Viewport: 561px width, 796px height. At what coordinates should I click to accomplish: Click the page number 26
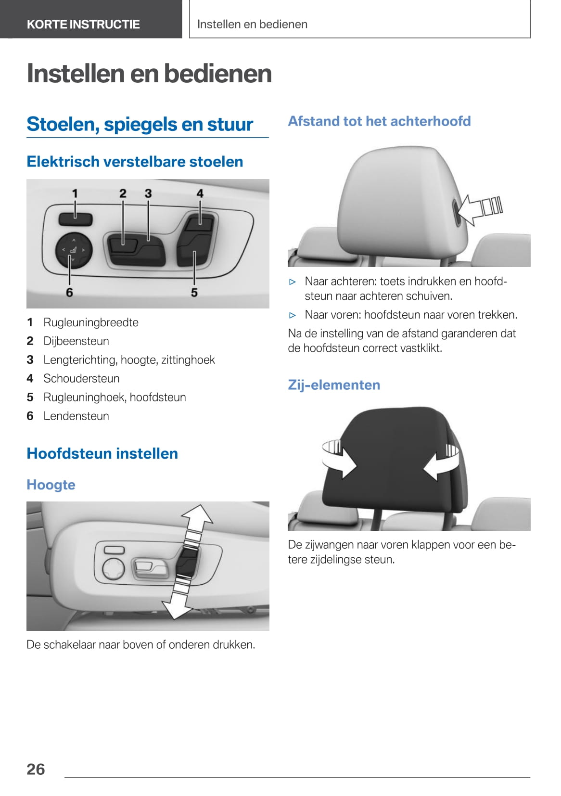[36, 769]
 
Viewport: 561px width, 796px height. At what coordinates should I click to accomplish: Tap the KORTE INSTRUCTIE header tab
[91, 19]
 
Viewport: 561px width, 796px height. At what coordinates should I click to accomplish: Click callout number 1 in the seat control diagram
[75, 193]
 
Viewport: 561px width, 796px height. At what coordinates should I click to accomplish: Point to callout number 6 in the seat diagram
[69, 293]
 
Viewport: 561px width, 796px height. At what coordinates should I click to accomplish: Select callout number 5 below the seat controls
[194, 293]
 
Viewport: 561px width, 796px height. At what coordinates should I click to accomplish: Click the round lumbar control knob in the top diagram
[74, 250]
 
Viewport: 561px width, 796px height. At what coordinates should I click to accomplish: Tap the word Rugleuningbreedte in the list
[91, 322]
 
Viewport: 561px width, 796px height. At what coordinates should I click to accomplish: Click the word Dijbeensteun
[76, 341]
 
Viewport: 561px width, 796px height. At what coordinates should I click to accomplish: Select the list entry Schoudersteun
[81, 378]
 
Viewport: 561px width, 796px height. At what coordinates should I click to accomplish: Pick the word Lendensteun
[76, 416]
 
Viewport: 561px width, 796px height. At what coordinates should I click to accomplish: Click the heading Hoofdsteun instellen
[102, 453]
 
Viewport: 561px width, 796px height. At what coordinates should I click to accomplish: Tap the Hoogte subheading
[51, 485]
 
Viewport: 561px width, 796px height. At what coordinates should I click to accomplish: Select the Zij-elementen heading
[334, 385]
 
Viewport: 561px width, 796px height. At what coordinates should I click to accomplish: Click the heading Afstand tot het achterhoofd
[380, 121]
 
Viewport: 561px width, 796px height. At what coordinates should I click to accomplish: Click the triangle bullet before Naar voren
[293, 315]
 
